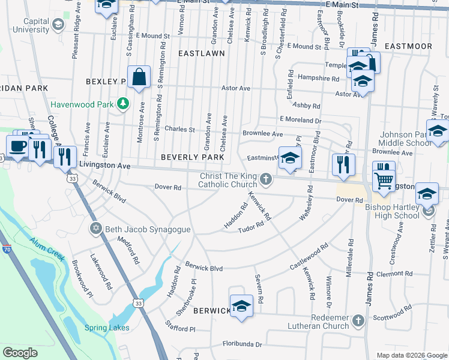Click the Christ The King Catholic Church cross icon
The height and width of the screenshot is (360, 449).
tap(265, 179)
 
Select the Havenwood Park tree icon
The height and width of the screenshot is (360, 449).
tap(123, 104)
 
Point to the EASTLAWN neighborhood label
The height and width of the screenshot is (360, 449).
tap(202, 53)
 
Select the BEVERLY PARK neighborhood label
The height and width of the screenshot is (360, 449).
tap(192, 157)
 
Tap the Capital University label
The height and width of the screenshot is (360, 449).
tap(28, 25)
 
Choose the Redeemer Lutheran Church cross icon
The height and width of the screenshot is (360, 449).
tap(358, 319)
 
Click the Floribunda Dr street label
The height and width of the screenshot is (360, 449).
tap(243, 344)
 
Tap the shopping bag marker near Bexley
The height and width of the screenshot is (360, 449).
tap(139, 77)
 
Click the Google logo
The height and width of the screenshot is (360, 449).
tap(20, 353)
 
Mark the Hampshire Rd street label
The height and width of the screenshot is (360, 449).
tap(319, 78)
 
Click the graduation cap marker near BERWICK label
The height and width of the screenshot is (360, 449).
tap(241, 305)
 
